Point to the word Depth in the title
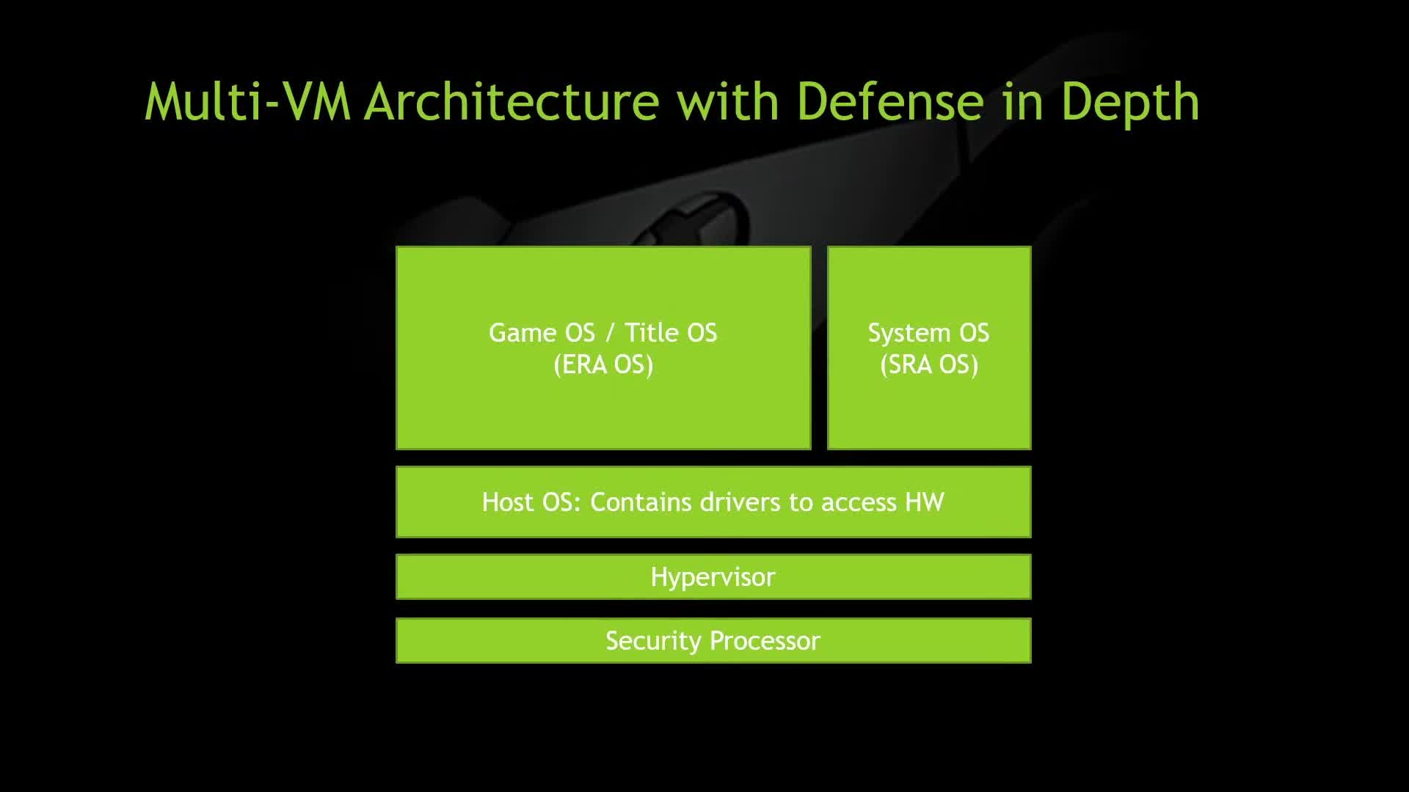[1130, 104]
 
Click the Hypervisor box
[713, 576]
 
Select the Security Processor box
[713, 640]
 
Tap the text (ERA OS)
[603, 364]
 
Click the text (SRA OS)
[929, 364]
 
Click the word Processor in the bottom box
[765, 640]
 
